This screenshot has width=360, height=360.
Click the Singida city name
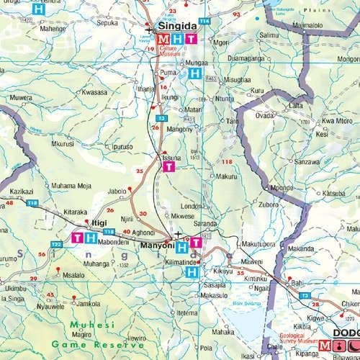tap(173, 27)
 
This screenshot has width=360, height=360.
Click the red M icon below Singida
tap(165, 39)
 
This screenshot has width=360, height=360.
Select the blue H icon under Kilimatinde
tap(192, 272)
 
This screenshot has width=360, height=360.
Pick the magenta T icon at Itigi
tap(77, 237)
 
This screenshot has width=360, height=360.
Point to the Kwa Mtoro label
tap(336, 121)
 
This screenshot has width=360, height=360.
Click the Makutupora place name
tap(258, 243)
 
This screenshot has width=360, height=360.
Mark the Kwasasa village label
tap(94, 92)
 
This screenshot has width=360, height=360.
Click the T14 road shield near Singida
tap(204, 21)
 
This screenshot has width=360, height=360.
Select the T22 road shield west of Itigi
tap(56, 245)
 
